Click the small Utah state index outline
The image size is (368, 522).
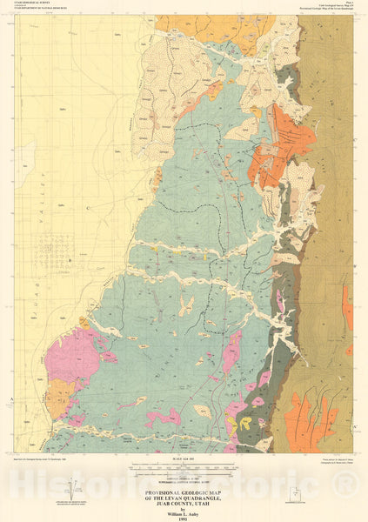tap(296, 495)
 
